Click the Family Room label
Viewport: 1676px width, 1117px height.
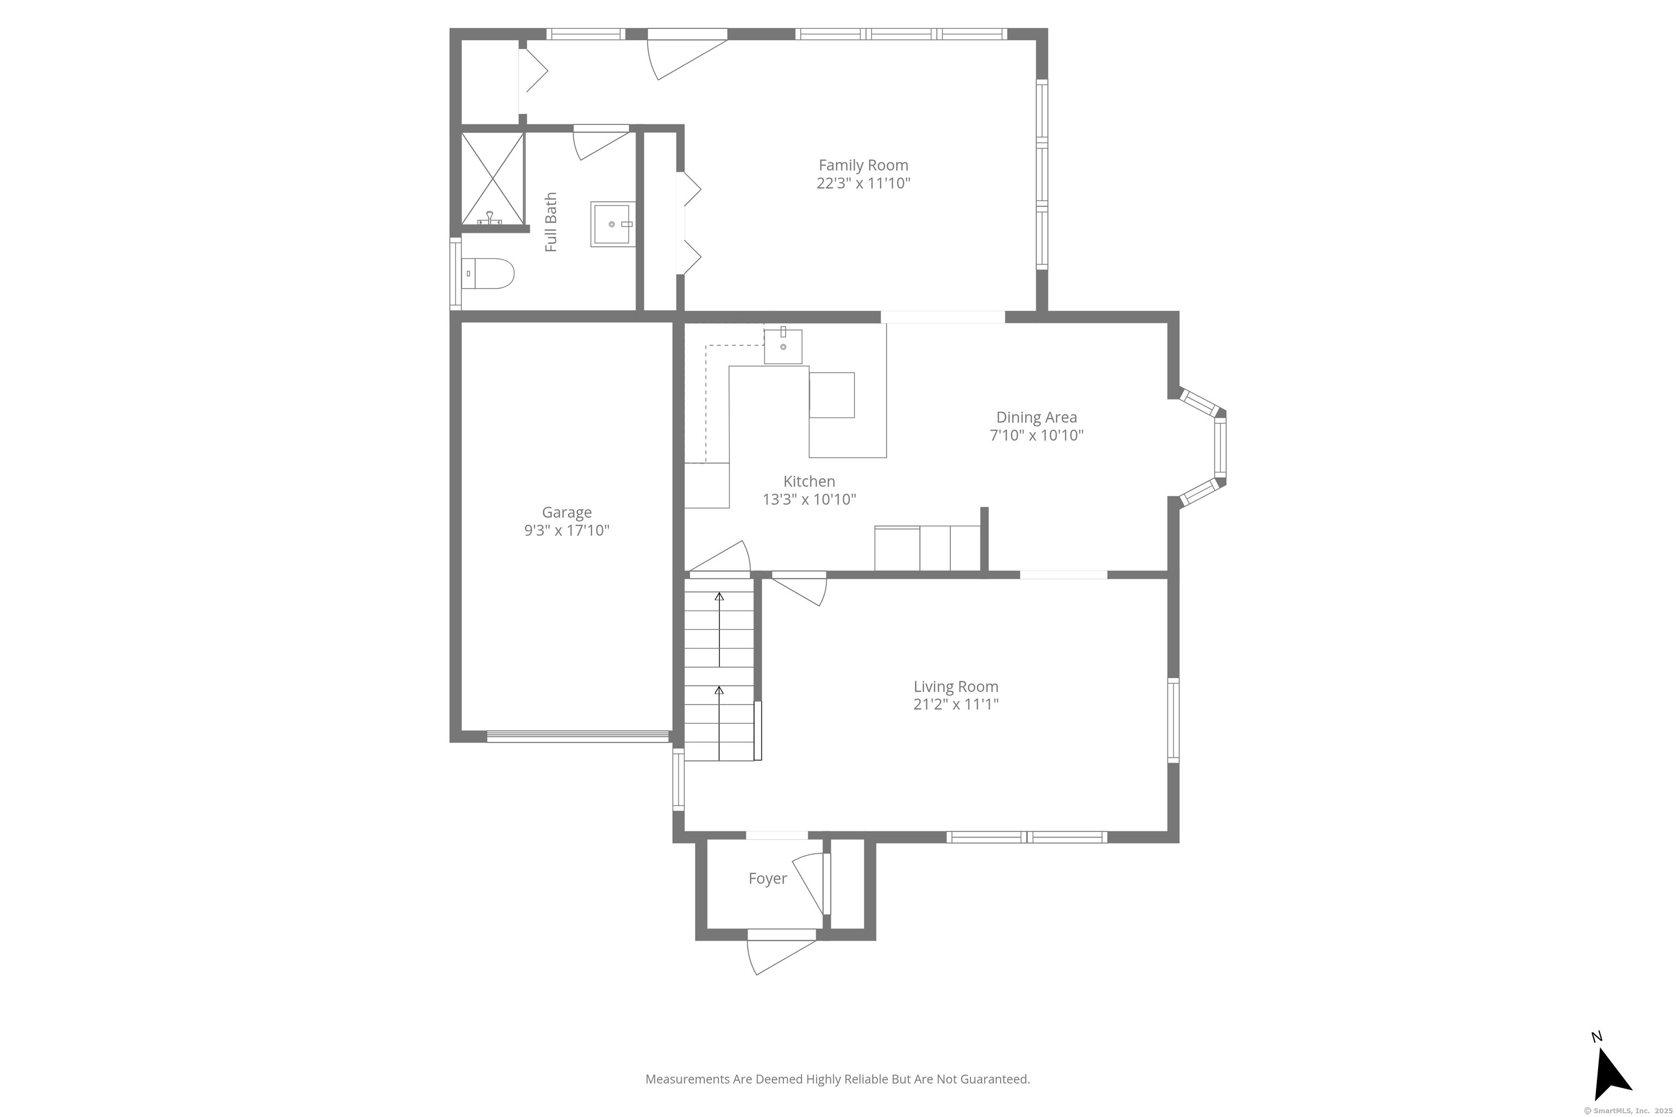pyautogui.click(x=863, y=165)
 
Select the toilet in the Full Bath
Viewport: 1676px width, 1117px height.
pyautogui.click(x=488, y=274)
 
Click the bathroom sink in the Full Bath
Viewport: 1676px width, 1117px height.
pyautogui.click(x=613, y=224)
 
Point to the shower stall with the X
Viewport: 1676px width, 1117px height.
pyautogui.click(x=493, y=179)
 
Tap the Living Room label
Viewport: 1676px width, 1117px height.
pyautogui.click(x=956, y=687)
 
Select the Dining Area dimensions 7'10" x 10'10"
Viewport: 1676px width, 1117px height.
pyautogui.click(x=1036, y=435)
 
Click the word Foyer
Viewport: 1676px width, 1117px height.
pyautogui.click(x=768, y=878)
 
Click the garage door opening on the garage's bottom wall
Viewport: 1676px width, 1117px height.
pyautogui.click(x=578, y=737)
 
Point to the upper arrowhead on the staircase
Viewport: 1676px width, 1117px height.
pyautogui.click(x=719, y=596)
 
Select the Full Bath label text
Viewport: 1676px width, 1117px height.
pyautogui.click(x=551, y=223)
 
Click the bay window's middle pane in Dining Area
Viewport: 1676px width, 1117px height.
pyautogui.click(x=1220, y=447)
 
